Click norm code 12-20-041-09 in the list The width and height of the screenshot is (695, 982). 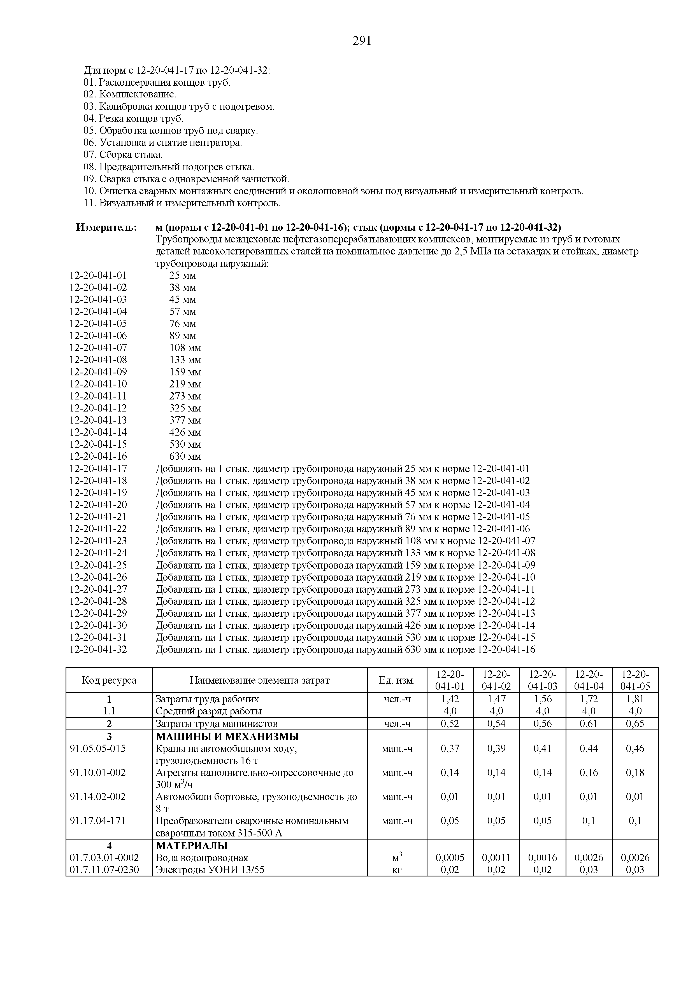[x=98, y=372]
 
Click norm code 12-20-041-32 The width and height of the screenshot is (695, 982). [x=98, y=650]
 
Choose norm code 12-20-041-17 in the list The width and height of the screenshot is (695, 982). [x=98, y=469]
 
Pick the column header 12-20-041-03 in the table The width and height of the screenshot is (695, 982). [x=542, y=680]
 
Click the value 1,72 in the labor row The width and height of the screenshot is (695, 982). [x=589, y=699]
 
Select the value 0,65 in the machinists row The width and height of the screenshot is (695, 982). [x=635, y=724]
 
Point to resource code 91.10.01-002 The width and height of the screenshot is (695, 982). [x=97, y=772]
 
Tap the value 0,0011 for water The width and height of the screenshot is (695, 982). [x=496, y=857]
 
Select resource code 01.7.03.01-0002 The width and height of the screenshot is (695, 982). [x=104, y=857]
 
